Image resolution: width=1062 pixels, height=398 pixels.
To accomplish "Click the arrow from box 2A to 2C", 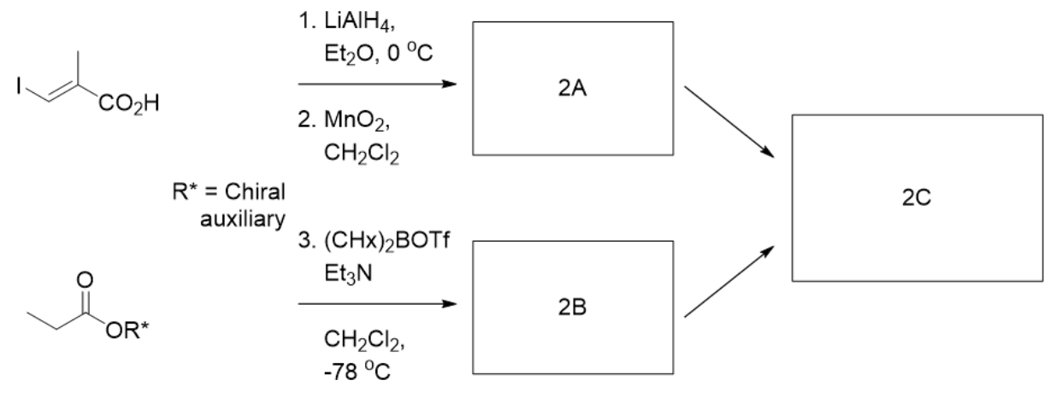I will tap(730, 121).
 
